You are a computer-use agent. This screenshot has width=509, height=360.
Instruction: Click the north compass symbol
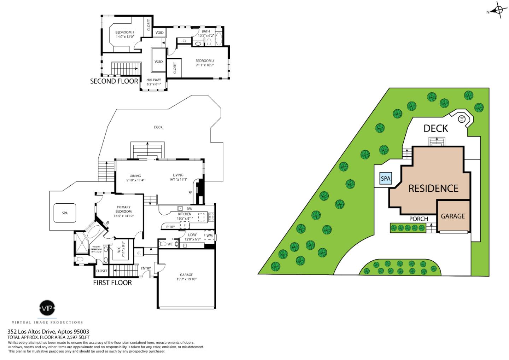(x=499, y=11)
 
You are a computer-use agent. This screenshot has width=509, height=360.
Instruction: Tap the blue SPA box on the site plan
(x=385, y=178)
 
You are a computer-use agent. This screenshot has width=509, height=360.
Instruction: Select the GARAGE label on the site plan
(x=452, y=216)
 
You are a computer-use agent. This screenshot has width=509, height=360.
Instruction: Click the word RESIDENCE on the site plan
(x=433, y=188)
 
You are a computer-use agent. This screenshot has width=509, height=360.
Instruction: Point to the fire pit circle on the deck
(x=461, y=119)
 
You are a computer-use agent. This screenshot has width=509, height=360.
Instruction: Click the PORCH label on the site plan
(x=419, y=219)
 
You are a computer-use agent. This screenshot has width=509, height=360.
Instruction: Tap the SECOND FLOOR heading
(x=114, y=81)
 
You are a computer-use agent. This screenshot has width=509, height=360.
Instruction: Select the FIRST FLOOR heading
(x=112, y=283)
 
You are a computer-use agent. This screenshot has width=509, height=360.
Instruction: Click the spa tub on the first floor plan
(x=65, y=213)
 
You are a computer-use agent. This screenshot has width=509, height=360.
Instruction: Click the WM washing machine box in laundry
(x=209, y=236)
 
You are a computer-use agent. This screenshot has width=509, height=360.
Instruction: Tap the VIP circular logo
(x=47, y=309)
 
